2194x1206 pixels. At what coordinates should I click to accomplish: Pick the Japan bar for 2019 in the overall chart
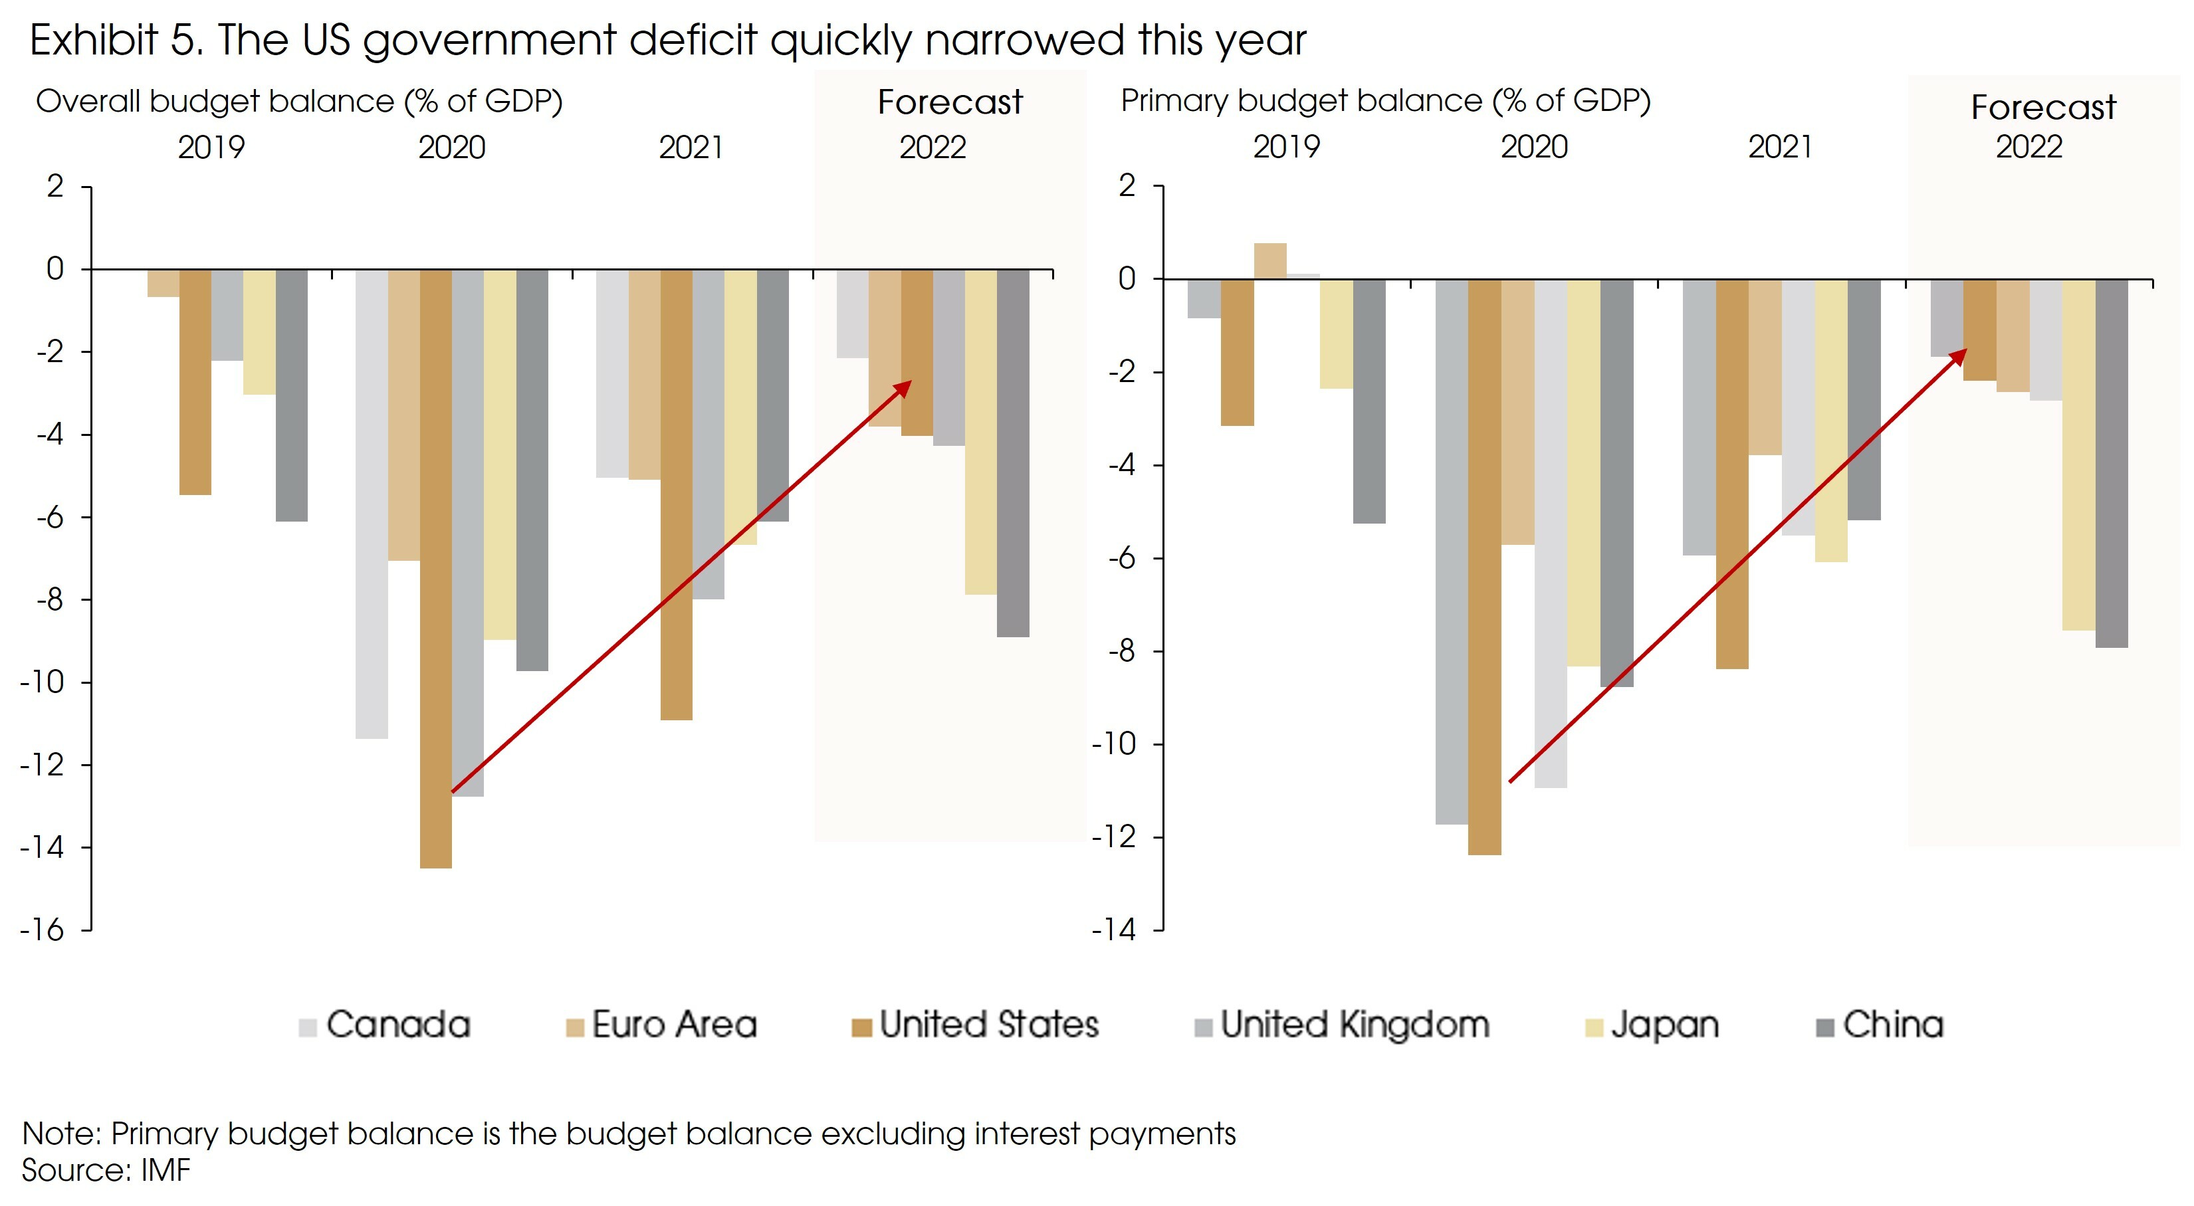tap(259, 332)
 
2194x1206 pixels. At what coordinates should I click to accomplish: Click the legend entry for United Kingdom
tap(1354, 1025)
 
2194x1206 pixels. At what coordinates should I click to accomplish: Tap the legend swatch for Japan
tap(1594, 1028)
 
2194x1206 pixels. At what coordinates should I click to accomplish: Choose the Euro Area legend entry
tap(673, 1025)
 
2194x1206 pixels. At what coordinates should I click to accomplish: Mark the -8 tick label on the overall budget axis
tap(49, 599)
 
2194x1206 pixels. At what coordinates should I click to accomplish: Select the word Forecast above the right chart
tap(2042, 108)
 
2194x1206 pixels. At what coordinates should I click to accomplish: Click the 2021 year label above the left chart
tap(691, 148)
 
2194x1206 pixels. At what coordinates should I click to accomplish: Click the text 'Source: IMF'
tap(106, 1170)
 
